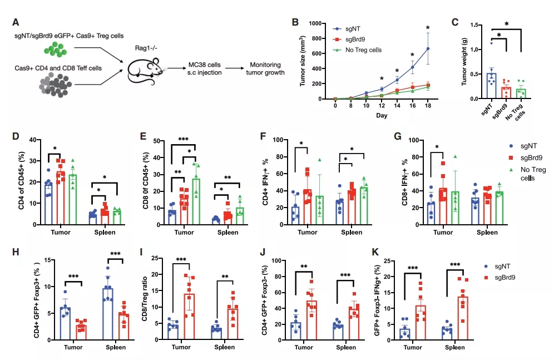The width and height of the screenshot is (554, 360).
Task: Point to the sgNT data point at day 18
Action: (x=428, y=48)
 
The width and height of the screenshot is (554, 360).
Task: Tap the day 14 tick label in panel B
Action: (x=397, y=105)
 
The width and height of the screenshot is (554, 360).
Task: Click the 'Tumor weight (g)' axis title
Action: (x=464, y=61)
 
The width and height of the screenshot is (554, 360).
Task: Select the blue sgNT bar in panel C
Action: (x=491, y=86)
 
